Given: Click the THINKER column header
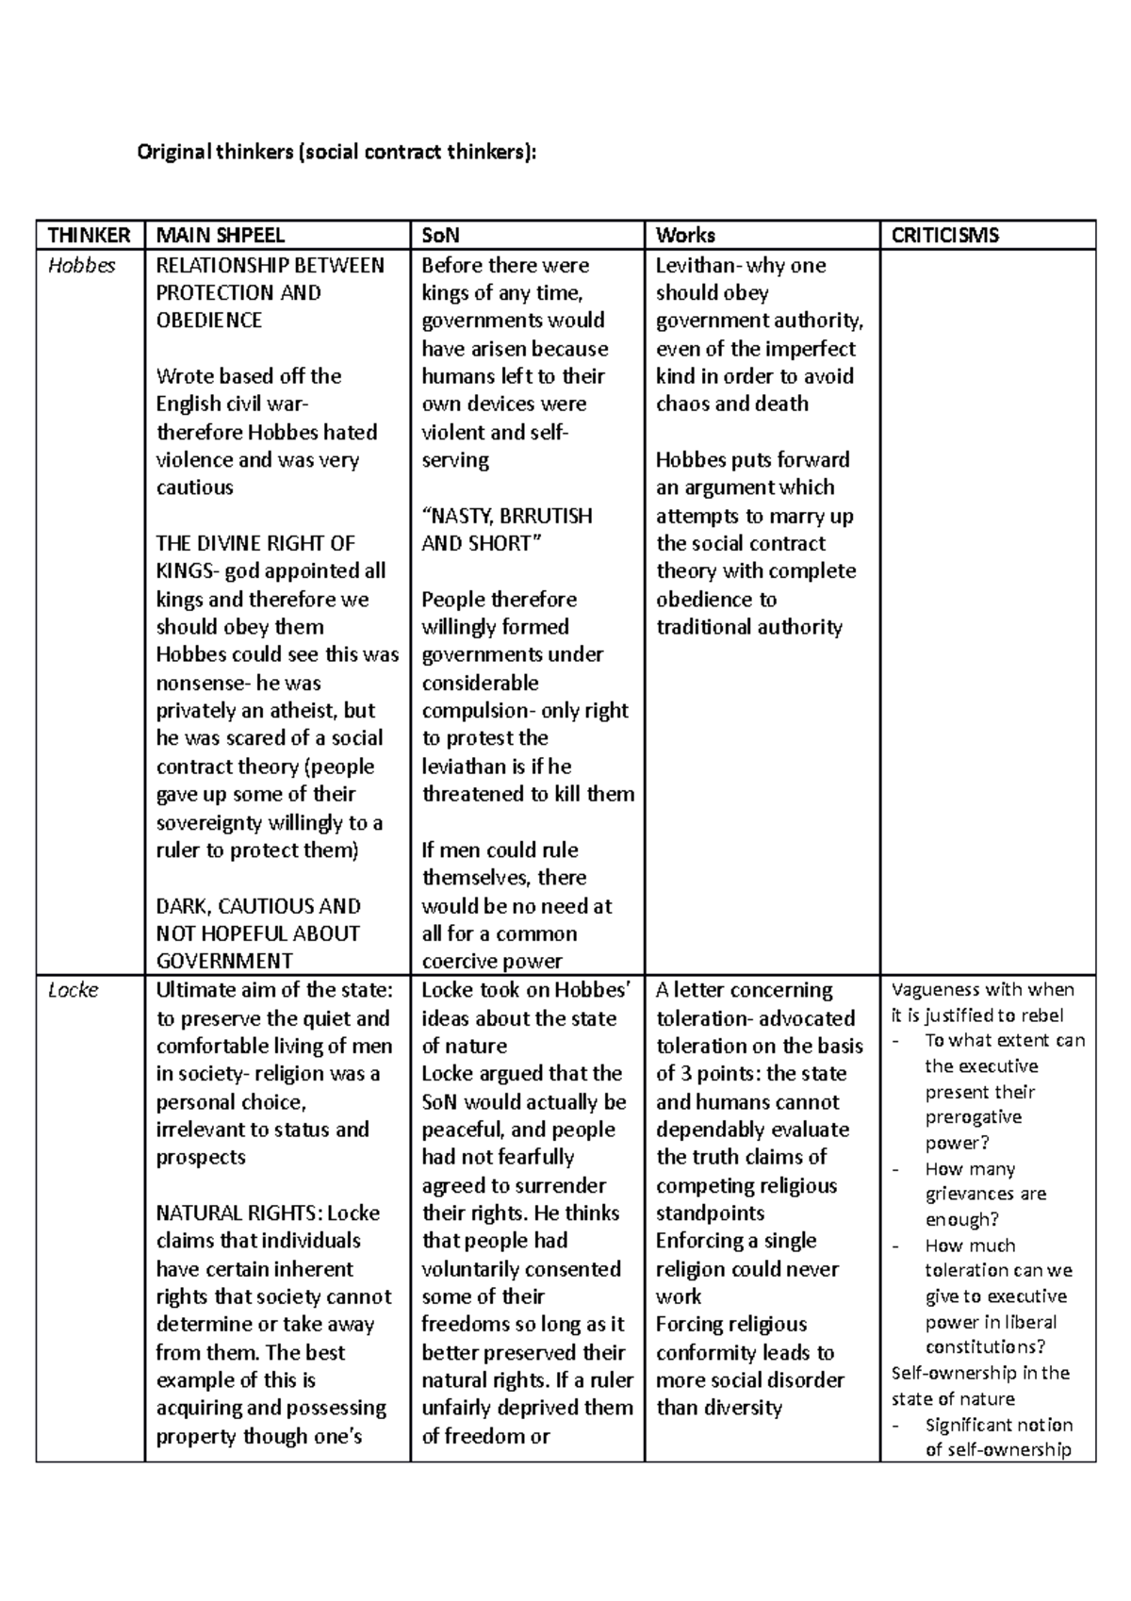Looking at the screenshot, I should (x=89, y=235).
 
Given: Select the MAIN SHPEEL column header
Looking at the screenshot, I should (x=220, y=235).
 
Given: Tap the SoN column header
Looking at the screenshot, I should (x=440, y=235).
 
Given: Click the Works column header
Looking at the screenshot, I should (x=685, y=235).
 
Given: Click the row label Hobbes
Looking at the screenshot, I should (x=81, y=265).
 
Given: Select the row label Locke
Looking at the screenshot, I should (x=74, y=990).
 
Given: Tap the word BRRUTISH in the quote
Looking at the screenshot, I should (x=548, y=516).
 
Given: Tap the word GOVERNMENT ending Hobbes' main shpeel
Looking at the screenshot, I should (x=224, y=961).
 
